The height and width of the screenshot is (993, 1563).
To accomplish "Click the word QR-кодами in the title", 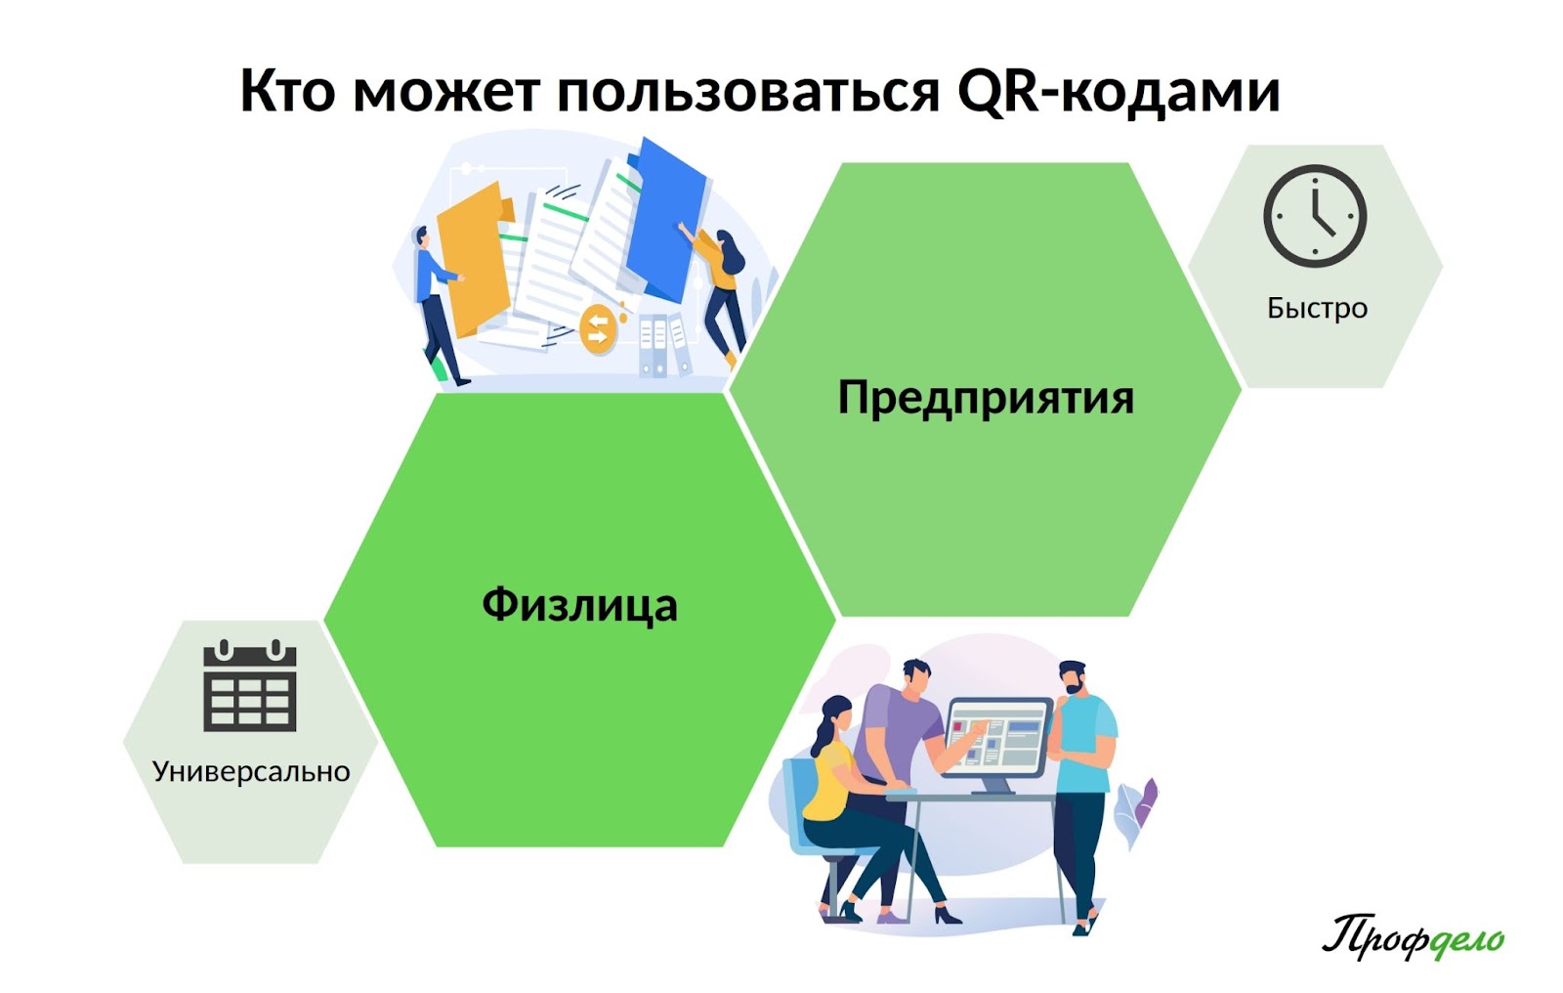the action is [1119, 92].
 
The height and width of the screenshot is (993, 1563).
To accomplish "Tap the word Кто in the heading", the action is [287, 92].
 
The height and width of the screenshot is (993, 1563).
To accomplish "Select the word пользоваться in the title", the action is [748, 92].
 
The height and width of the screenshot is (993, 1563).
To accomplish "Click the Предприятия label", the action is [986, 398].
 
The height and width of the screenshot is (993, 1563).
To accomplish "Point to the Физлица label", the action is [579, 604].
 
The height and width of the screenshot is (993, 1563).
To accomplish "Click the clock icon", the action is [1315, 216].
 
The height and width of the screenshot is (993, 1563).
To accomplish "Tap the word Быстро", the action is [1317, 308].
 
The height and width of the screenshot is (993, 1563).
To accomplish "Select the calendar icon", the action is [250, 685].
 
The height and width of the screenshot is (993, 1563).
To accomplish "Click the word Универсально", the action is [251, 772].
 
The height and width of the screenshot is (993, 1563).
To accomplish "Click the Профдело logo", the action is [1413, 936].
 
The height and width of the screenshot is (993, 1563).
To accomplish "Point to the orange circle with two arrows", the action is [598, 329].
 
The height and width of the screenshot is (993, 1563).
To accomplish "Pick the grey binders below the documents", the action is [664, 346].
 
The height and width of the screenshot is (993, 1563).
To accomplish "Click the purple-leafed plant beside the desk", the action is [1136, 810].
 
